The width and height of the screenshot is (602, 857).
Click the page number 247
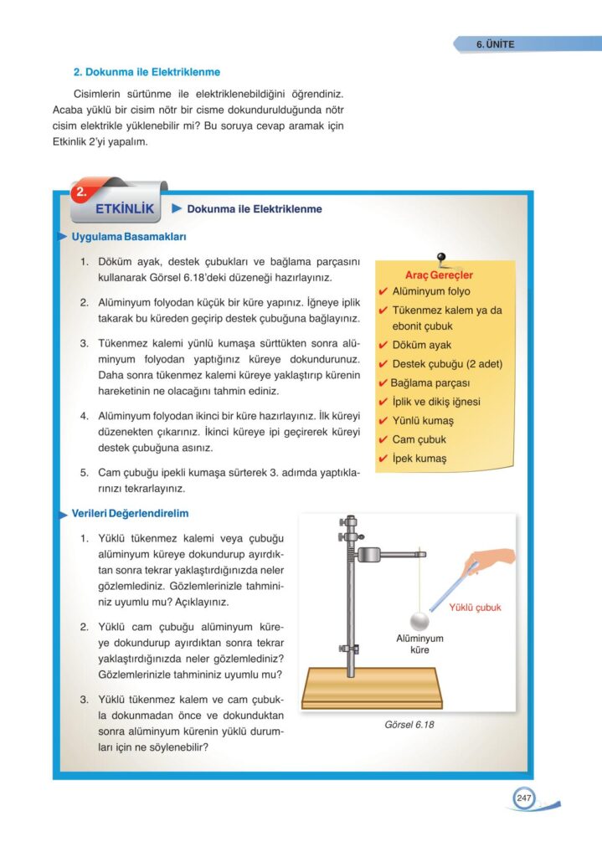(x=524, y=798)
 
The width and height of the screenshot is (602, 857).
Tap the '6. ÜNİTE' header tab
(x=496, y=44)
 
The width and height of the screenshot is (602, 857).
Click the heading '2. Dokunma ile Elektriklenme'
(x=147, y=73)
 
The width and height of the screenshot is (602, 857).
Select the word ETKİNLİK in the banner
(x=126, y=208)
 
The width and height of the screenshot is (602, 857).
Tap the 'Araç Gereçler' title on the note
(x=439, y=275)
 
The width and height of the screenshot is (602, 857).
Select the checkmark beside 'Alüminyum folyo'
(x=383, y=291)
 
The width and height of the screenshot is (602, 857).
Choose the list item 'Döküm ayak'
(x=421, y=345)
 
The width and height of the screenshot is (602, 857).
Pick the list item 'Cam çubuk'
(x=419, y=439)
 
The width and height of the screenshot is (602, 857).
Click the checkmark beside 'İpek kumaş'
(x=383, y=459)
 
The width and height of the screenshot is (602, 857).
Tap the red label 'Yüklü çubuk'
(x=475, y=608)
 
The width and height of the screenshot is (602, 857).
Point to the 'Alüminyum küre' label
(x=419, y=644)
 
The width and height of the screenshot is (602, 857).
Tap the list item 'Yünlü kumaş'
(x=422, y=420)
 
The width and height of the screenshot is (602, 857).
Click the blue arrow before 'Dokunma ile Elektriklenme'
(x=177, y=208)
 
